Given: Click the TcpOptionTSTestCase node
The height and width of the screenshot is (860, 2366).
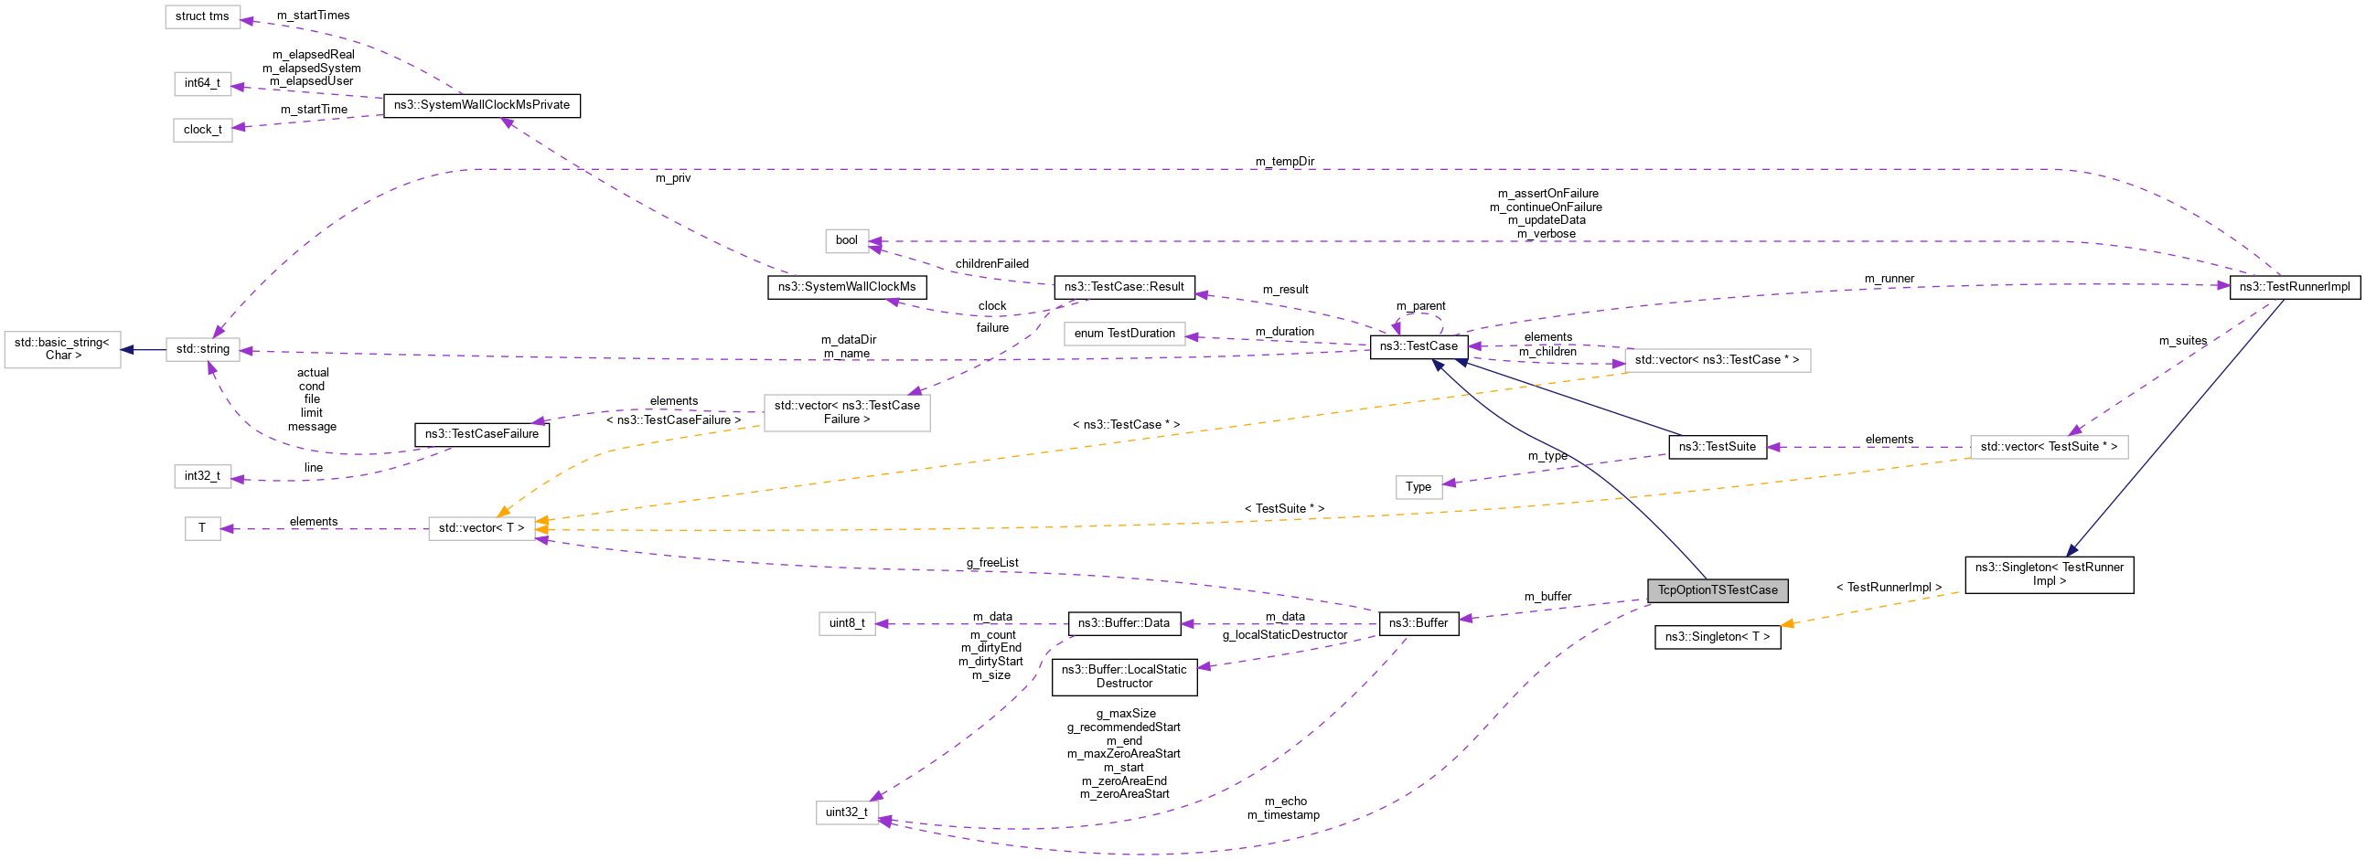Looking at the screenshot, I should (1717, 590).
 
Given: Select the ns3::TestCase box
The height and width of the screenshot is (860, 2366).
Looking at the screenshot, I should (1419, 346).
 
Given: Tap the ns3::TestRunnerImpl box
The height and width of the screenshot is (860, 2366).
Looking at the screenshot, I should (2294, 286).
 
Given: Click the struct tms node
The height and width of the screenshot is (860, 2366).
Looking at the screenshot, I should (202, 16).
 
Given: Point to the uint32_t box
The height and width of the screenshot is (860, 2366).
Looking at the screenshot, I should (846, 812).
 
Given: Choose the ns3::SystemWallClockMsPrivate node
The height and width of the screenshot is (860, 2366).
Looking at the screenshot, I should (481, 105).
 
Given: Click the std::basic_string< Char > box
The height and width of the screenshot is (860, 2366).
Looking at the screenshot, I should (62, 349).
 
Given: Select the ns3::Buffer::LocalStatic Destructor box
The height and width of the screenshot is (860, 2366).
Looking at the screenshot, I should (1123, 676).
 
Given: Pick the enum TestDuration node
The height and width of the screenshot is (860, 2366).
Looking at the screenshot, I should (1123, 334).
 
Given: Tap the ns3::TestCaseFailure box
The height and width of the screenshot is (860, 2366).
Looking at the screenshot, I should (481, 434).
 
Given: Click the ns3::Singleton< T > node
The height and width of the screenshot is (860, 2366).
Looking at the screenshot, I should (1717, 637).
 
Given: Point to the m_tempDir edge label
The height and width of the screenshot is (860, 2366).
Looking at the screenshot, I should (1284, 162).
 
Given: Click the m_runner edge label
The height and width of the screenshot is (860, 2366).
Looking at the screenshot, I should (1889, 278).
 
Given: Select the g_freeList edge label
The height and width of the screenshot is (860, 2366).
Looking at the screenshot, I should (991, 563).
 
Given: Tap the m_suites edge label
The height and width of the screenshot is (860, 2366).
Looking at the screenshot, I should (2182, 341).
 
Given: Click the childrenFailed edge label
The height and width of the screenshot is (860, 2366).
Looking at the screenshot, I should (991, 263).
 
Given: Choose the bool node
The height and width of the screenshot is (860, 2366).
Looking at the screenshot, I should (846, 240).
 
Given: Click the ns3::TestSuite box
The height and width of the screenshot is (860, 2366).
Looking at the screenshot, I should (1717, 447).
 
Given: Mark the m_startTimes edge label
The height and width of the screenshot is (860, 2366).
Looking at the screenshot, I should (312, 16).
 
